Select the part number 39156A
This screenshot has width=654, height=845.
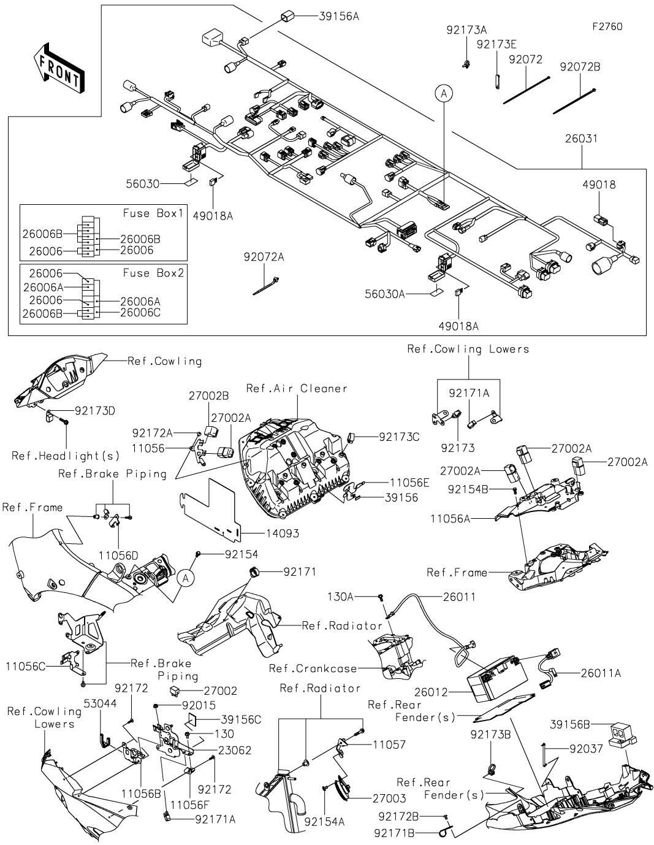[x=339, y=17]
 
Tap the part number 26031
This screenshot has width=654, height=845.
[x=581, y=139]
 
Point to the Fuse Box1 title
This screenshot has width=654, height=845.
[x=153, y=213]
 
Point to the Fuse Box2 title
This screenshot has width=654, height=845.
[x=153, y=273]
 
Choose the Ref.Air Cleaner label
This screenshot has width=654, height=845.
[x=297, y=388]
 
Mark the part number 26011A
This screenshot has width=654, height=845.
[x=601, y=673]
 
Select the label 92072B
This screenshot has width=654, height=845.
[x=580, y=67]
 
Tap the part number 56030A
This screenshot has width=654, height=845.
[x=386, y=294]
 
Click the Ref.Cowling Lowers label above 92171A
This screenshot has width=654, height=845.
[x=468, y=349]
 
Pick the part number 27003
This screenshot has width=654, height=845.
[x=389, y=798]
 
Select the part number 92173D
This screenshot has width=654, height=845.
[x=95, y=410]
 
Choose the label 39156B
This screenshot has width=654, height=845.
[x=570, y=724]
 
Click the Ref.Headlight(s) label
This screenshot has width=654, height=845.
[x=66, y=456]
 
